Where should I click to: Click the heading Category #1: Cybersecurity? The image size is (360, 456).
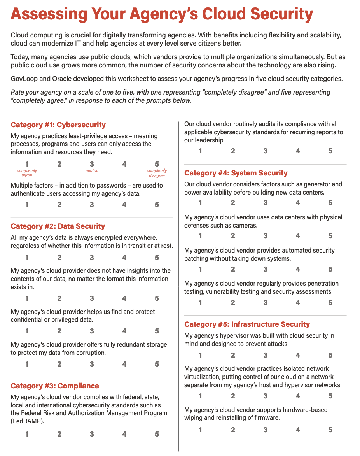[x=58, y=125]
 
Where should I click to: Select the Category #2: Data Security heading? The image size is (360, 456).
[x=58, y=226]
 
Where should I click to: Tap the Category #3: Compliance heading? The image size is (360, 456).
[x=55, y=386]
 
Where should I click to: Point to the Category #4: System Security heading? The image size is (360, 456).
[x=236, y=173]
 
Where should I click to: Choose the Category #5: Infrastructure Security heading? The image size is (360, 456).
[x=247, y=324]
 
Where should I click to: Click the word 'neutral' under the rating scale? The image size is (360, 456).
[x=92, y=170]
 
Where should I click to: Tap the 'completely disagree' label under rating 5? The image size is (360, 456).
[x=157, y=173]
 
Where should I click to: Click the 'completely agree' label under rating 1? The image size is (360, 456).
[x=27, y=173]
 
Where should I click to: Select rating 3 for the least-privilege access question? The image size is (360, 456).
[x=92, y=164]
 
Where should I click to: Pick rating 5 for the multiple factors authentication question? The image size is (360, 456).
[x=157, y=205]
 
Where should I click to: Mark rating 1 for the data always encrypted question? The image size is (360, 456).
[x=27, y=258]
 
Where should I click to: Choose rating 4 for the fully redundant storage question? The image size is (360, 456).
[x=124, y=365]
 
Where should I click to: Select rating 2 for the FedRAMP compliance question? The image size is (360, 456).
[x=59, y=434]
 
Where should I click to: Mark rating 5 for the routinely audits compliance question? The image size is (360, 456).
[x=330, y=151]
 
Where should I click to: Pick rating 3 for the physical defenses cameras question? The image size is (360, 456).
[x=265, y=236]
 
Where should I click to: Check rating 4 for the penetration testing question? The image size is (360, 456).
[x=298, y=303]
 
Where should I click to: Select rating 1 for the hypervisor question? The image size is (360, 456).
[x=200, y=355]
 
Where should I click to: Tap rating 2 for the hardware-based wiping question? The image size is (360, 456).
[x=233, y=430]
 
